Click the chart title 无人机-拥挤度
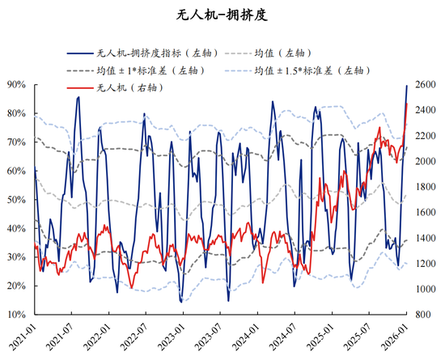point(222,15)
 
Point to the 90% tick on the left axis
point(17,84)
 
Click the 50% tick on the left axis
point(17,199)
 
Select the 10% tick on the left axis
point(17,314)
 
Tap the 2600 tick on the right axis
point(426,84)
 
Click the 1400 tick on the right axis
point(426,238)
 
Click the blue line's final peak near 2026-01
point(406,85)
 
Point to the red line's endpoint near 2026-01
point(406,104)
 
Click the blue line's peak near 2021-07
point(78,97)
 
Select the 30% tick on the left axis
point(17,256)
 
